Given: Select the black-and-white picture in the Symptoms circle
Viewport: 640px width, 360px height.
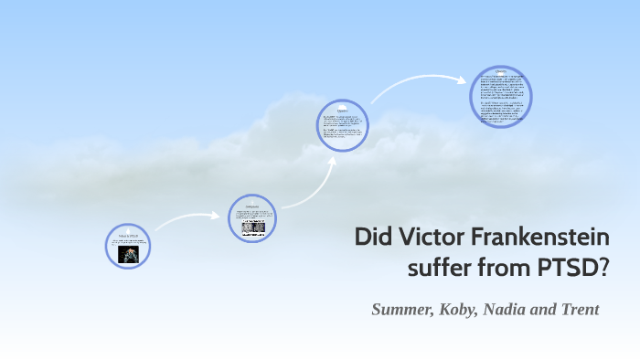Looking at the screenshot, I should point(252,227).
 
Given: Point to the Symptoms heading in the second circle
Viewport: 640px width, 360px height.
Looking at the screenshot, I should point(252,206).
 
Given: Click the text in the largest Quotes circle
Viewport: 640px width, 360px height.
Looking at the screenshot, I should point(500,97).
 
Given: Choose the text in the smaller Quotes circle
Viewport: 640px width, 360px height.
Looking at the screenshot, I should point(343,128).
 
